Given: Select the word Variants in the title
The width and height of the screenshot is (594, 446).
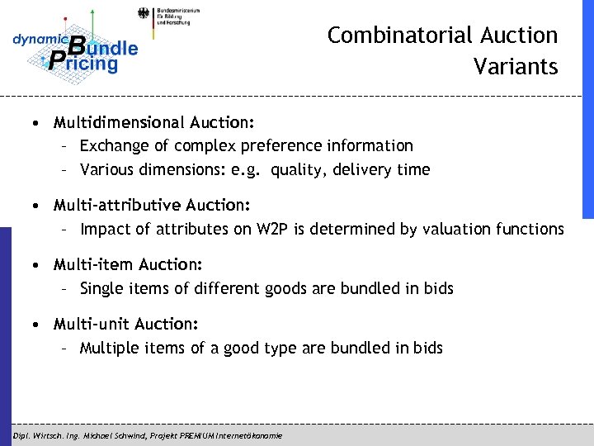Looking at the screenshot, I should point(516,66).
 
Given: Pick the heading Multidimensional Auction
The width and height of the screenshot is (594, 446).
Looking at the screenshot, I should point(153,123).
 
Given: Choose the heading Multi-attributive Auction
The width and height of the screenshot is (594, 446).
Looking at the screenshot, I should point(152,204).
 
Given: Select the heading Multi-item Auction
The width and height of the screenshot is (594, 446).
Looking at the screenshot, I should point(128,265).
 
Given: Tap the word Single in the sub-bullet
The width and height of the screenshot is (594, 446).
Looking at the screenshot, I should point(101,289).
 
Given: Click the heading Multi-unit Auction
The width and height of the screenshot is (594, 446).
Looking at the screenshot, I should point(126,325).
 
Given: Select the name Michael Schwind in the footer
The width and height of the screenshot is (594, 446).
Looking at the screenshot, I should point(120,435).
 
